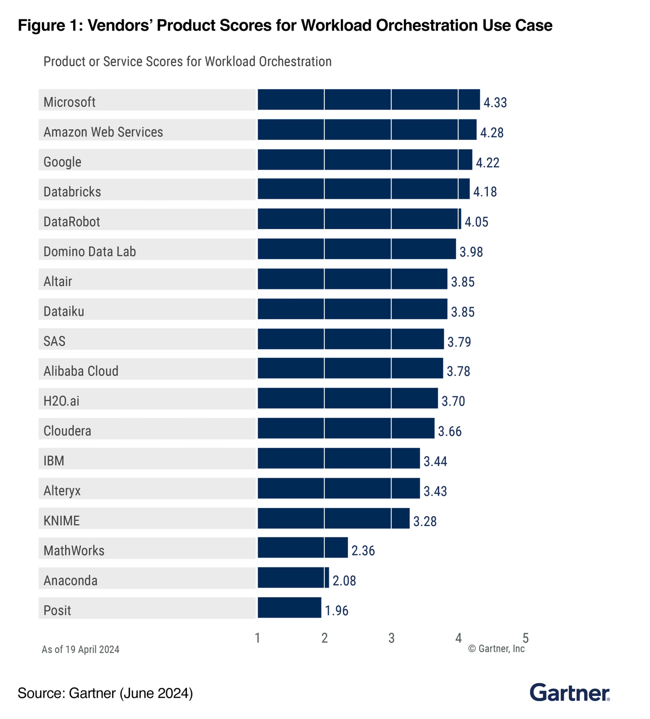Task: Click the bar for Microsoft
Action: [x=368, y=100]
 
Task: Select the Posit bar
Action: [x=289, y=607]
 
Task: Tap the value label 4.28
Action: [x=491, y=133]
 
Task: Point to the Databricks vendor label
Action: [x=72, y=192]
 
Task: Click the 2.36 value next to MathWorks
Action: [x=363, y=551]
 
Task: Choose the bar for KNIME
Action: [x=333, y=518]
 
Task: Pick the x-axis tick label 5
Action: [x=525, y=638]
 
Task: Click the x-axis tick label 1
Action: [x=257, y=638]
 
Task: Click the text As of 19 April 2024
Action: [x=80, y=650]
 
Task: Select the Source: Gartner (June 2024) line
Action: [x=105, y=693]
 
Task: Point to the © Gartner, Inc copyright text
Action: [x=496, y=649]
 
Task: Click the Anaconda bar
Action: [x=293, y=578]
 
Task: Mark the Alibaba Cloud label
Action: [x=81, y=371]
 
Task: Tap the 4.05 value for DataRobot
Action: [x=476, y=222]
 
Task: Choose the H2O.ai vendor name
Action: [x=61, y=401]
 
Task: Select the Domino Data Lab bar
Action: [x=356, y=249]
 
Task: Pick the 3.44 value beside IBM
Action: [x=435, y=461]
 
